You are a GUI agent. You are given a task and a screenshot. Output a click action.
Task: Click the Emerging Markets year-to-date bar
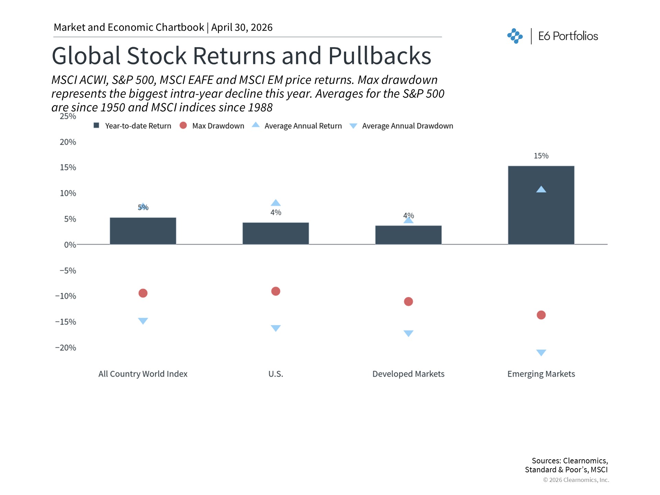pyautogui.click(x=541, y=213)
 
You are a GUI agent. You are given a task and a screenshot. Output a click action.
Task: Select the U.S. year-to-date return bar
pyautogui.click(x=276, y=233)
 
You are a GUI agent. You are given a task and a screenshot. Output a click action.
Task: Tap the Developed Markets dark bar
pyautogui.click(x=408, y=235)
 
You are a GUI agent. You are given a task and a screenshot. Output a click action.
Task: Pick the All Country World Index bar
pyautogui.click(x=143, y=231)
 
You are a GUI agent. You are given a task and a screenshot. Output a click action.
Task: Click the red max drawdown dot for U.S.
pyautogui.click(x=276, y=291)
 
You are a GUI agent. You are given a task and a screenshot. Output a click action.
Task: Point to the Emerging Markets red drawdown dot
pyautogui.click(x=541, y=315)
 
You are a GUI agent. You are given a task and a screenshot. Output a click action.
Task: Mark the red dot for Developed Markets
pyautogui.click(x=408, y=301)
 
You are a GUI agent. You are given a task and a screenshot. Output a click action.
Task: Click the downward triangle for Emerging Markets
pyautogui.click(x=541, y=352)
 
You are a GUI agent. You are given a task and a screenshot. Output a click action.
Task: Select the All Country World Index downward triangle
pyautogui.click(x=143, y=321)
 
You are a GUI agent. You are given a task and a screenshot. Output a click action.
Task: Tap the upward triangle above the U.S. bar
pyautogui.click(x=276, y=203)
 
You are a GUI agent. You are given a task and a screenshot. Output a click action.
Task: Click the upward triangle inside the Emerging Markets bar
pyautogui.click(x=541, y=189)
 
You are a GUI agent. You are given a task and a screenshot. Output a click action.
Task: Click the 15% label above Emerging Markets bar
pyautogui.click(x=541, y=156)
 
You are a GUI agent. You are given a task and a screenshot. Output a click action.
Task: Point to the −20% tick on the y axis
pyautogui.click(x=66, y=348)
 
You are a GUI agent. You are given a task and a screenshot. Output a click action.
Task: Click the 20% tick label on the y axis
pyautogui.click(x=68, y=142)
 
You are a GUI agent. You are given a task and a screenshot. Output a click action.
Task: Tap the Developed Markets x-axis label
pyautogui.click(x=408, y=374)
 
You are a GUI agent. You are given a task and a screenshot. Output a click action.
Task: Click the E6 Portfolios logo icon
pyautogui.click(x=515, y=36)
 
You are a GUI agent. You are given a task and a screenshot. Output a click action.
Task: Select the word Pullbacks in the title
pyautogui.click(x=379, y=56)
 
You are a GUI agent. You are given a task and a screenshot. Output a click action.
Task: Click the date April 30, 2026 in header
pyautogui.click(x=242, y=27)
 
